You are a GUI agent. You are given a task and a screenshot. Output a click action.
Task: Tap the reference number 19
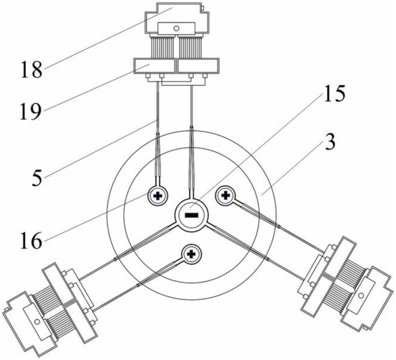tap(30, 111)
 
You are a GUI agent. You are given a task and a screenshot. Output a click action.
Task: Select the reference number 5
tap(37, 178)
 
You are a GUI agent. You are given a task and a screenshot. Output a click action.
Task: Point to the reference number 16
tap(30, 240)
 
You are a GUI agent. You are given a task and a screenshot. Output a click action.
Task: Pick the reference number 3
tap(330, 142)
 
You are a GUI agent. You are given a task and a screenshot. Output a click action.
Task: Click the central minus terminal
tap(192, 215)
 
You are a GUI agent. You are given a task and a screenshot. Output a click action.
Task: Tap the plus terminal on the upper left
tap(158, 196)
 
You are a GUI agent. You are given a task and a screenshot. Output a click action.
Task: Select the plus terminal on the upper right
tap(225, 195)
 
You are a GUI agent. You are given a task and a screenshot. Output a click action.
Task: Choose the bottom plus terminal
tap(192, 254)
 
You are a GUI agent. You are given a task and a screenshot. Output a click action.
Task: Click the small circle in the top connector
tap(177, 28)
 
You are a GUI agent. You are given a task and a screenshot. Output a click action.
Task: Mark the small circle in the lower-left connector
tap(37, 322)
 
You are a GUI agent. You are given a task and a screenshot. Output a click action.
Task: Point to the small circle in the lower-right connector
tap(361, 295)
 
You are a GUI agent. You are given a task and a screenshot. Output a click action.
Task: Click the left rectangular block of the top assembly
tap(154, 66)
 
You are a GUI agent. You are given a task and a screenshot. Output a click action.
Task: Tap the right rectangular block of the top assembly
tap(198, 66)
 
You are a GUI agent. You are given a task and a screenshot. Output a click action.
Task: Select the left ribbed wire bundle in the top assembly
tap(163, 47)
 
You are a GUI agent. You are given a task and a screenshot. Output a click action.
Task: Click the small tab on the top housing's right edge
tap(202, 9)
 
